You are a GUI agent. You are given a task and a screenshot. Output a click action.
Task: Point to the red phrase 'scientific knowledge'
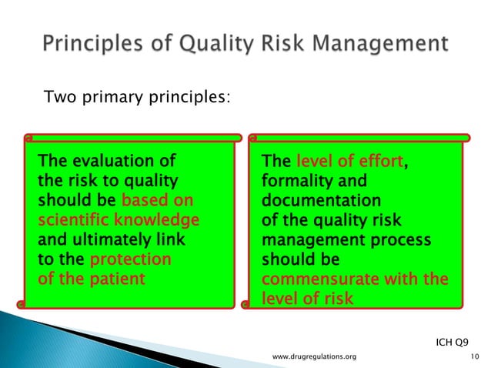pyautogui.click(x=119, y=220)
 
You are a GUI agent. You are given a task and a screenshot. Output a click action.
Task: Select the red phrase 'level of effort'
pyautogui.click(x=350, y=162)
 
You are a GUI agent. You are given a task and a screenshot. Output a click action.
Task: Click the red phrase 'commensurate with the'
pyautogui.click(x=354, y=279)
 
